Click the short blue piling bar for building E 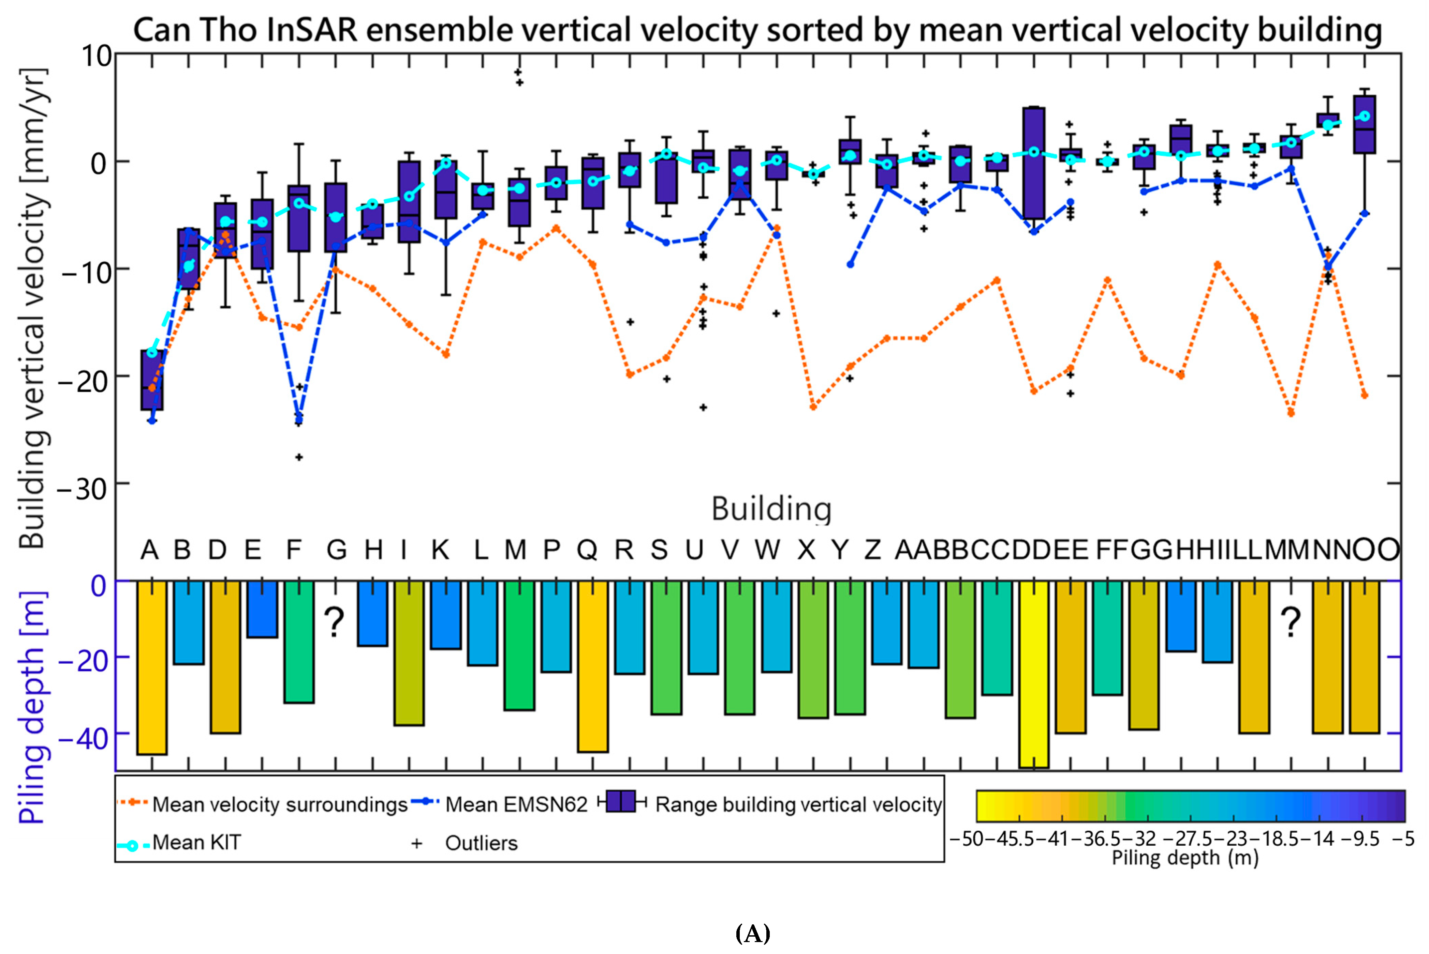pos(262,609)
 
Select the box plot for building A pos(152,380)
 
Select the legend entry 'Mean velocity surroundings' pos(279,804)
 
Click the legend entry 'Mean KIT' pos(196,843)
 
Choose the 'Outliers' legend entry pos(481,843)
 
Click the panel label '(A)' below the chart pos(753,933)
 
